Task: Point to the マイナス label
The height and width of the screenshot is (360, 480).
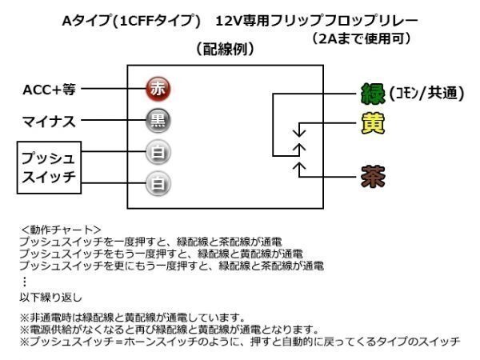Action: coord(48,122)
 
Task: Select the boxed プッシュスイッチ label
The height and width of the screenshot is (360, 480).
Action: coord(47,166)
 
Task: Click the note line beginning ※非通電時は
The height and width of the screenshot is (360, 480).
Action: coord(132,318)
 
